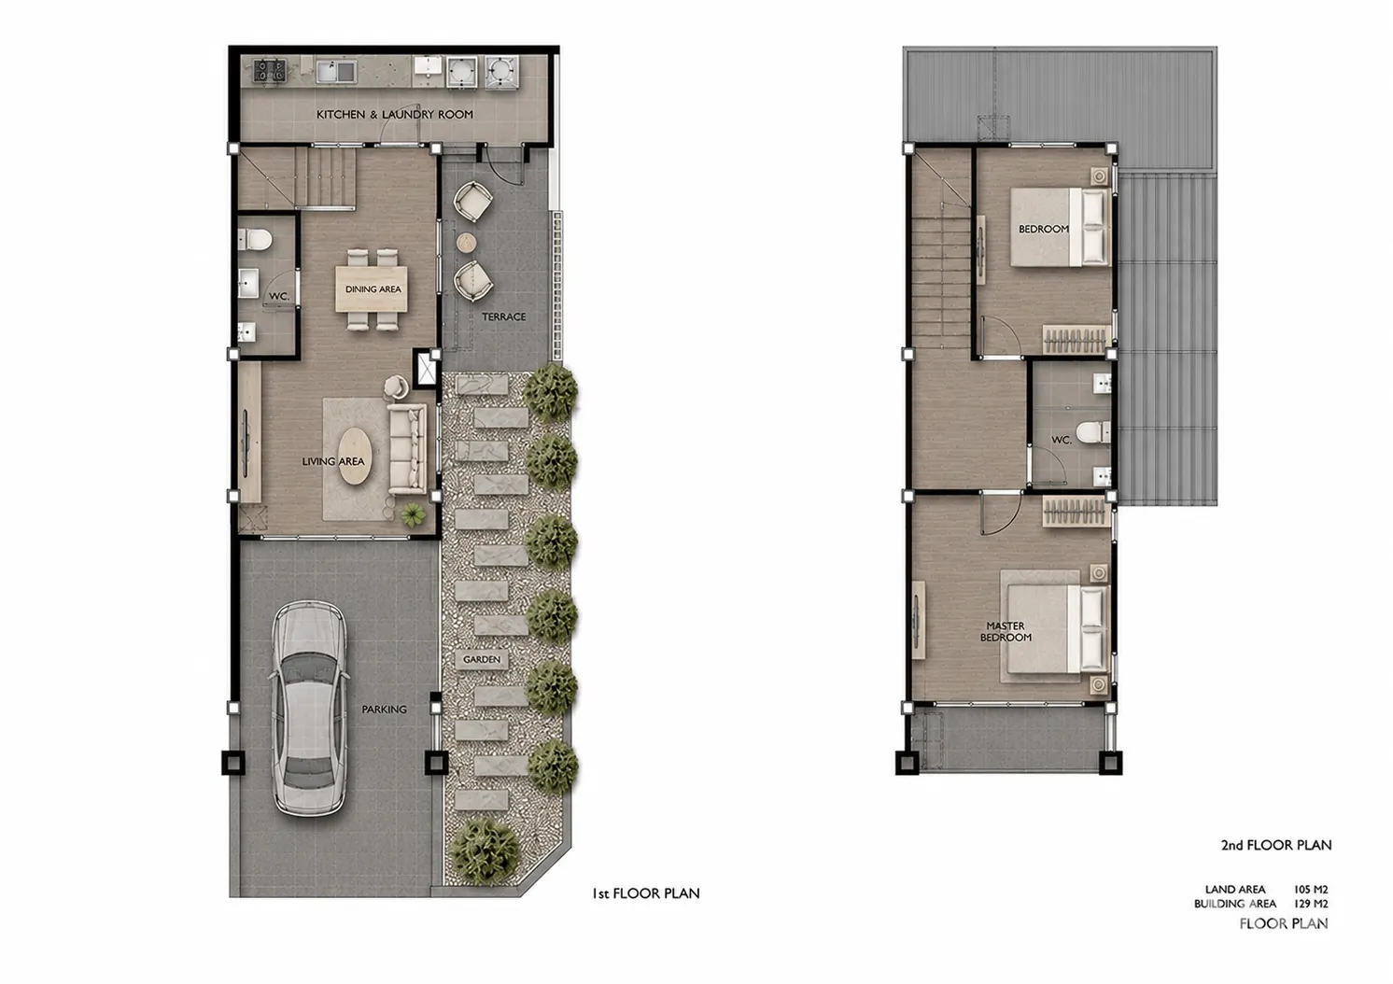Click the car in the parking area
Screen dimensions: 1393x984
tap(308, 709)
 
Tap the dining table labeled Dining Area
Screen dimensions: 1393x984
tap(372, 288)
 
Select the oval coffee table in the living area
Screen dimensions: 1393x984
tap(353, 456)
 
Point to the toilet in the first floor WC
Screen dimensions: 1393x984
tap(255, 240)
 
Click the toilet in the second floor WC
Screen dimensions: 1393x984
tap(1094, 432)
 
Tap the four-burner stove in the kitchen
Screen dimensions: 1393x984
tap(269, 70)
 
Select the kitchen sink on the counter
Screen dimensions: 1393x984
tap(336, 71)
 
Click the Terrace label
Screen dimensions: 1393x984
tap(504, 316)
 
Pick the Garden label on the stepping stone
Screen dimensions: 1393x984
tap(482, 659)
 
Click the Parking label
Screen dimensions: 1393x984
tap(385, 710)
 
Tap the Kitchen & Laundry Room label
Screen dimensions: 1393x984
tap(395, 115)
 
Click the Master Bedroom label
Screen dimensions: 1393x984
tap(1006, 631)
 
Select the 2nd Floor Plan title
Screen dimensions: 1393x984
tap(1276, 845)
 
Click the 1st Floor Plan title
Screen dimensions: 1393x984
tap(645, 893)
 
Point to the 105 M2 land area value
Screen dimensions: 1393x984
tap(1311, 890)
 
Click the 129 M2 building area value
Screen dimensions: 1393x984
tap(1311, 904)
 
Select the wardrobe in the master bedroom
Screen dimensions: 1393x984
tap(1076, 512)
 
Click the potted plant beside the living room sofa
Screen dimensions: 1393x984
tap(413, 515)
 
